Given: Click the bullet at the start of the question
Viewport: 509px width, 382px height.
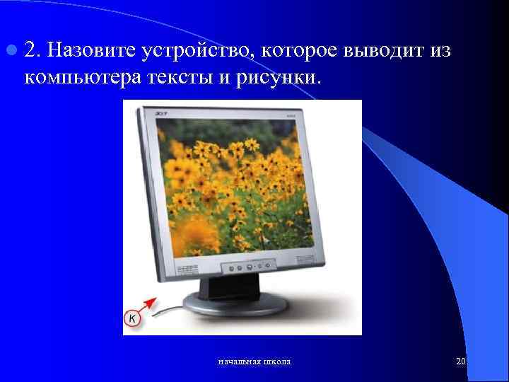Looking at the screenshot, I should pyautogui.click(x=13, y=51).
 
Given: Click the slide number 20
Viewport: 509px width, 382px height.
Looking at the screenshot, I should pyautogui.click(x=461, y=362).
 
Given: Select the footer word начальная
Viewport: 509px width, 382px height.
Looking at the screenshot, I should pyautogui.click(x=237, y=362).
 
